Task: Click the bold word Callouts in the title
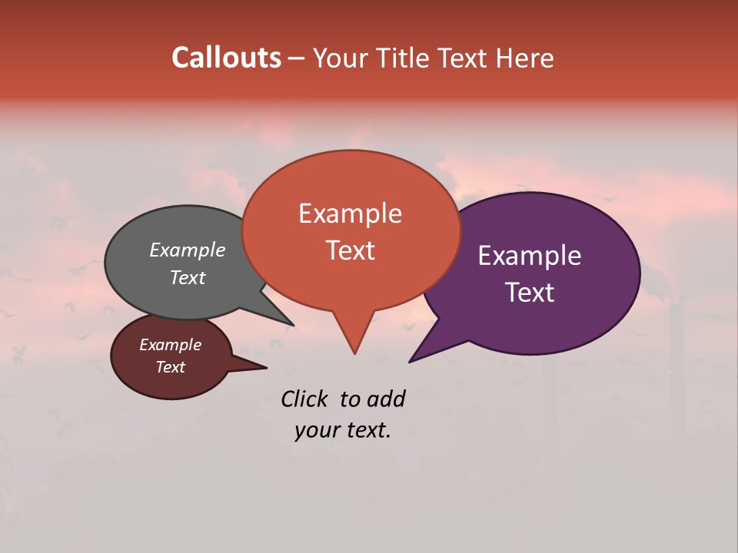click(x=226, y=58)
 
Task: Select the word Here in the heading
click(x=526, y=58)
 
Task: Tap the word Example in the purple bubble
click(x=530, y=256)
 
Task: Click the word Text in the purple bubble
click(x=530, y=293)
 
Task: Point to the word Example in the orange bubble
click(x=350, y=214)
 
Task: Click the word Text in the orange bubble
click(x=350, y=250)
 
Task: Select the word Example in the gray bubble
click(x=187, y=250)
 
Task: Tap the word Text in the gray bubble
click(x=187, y=277)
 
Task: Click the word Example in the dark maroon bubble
click(x=170, y=345)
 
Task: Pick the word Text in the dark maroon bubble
click(x=170, y=367)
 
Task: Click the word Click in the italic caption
click(x=304, y=399)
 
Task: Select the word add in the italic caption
click(x=386, y=399)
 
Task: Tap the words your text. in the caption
click(x=342, y=430)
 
